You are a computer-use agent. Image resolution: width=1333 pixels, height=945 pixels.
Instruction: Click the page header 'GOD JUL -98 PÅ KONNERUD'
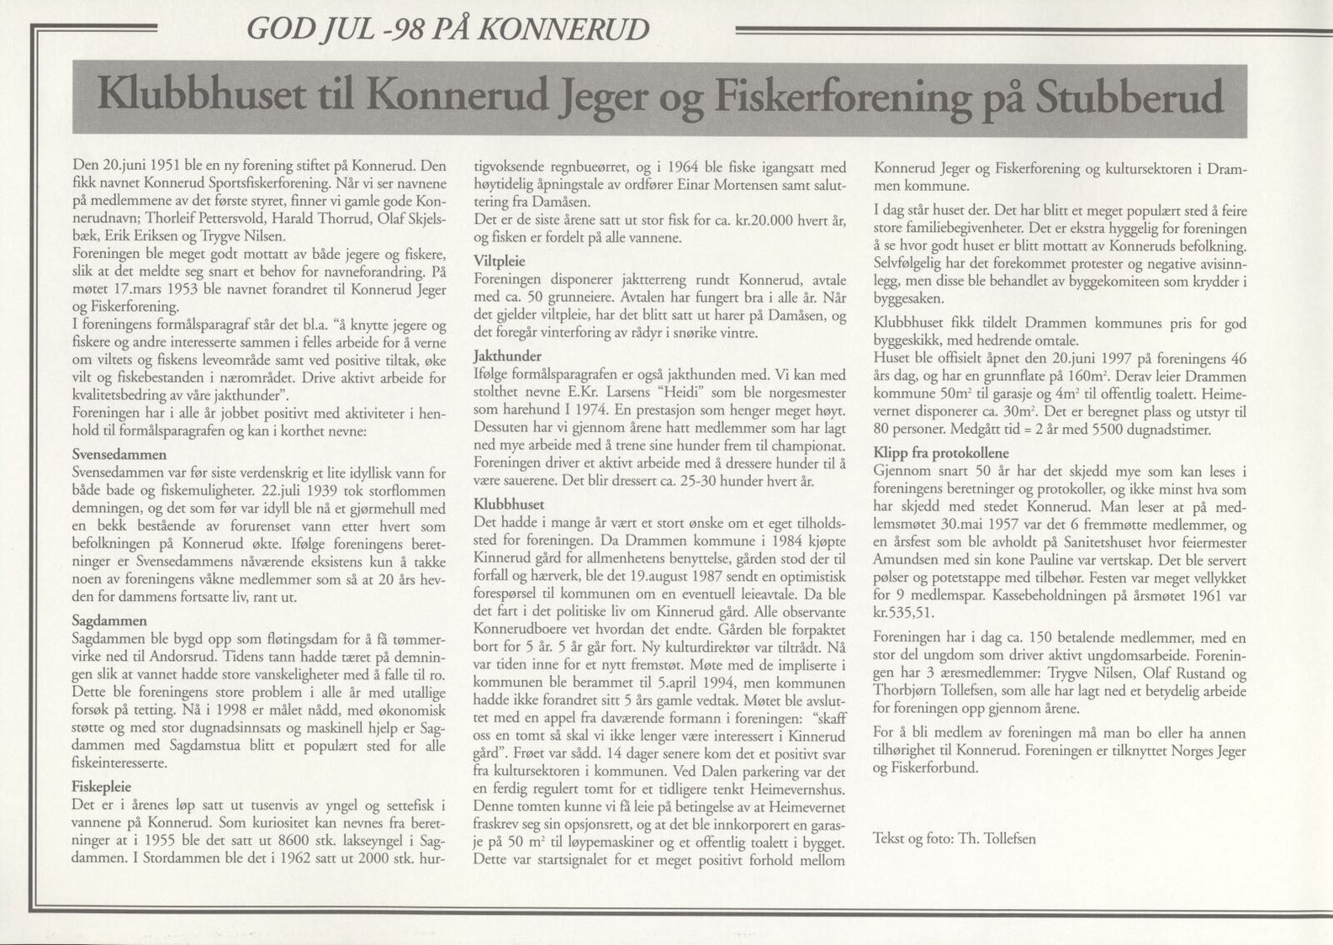pyautogui.click(x=447, y=30)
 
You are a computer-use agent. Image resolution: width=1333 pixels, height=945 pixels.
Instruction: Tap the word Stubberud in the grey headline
pyautogui.click(x=1129, y=99)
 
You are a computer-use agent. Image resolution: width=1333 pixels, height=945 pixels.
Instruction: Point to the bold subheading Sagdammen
pyautogui.click(x=109, y=620)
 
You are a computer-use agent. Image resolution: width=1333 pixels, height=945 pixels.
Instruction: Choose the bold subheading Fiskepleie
pyautogui.click(x=102, y=787)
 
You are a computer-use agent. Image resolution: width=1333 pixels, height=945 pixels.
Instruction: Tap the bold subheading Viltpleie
pyautogui.click(x=499, y=261)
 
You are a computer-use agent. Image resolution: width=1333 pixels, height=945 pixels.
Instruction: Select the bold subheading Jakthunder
pyautogui.click(x=507, y=356)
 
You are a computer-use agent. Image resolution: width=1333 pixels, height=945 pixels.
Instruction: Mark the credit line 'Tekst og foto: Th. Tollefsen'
pyautogui.click(x=954, y=838)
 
